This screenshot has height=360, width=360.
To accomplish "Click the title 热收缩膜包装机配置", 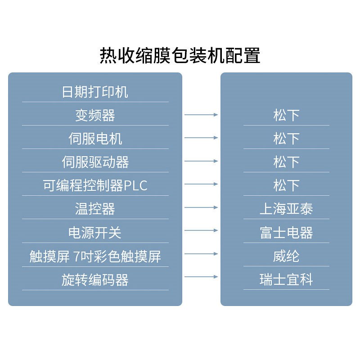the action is pyautogui.click(x=180, y=56).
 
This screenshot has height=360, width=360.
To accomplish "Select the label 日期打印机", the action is pyautogui.click(x=95, y=92).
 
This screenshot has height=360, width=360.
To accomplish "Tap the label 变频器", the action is pyautogui.click(x=95, y=116).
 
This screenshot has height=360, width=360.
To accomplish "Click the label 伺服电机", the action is pyautogui.click(x=95, y=139).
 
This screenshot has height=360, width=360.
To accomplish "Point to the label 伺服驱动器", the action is pyautogui.click(x=95, y=162).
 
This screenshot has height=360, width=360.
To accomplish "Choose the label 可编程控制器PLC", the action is pyautogui.click(x=95, y=186).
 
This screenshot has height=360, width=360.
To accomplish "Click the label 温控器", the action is pyautogui.click(x=95, y=209).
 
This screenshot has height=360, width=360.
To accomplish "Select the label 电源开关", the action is pyautogui.click(x=95, y=233).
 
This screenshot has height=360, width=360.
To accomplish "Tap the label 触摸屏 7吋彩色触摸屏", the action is pyautogui.click(x=95, y=256).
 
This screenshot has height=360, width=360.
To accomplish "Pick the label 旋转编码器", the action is pyautogui.click(x=95, y=280).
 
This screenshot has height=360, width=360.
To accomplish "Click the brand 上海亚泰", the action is pyautogui.click(x=286, y=209).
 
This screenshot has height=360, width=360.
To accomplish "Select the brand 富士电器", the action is pyautogui.click(x=286, y=233).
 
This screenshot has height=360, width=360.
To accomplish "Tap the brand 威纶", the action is pyautogui.click(x=286, y=256).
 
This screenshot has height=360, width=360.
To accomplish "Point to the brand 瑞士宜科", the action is pyautogui.click(x=286, y=280).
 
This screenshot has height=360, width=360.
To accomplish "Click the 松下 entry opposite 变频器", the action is pyautogui.click(x=286, y=116).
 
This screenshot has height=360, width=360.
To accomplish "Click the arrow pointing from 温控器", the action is pyautogui.click(x=201, y=207).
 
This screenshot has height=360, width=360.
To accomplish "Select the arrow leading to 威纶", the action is pyautogui.click(x=201, y=254).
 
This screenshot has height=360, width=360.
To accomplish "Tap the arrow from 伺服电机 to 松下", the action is pyautogui.click(x=201, y=137).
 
